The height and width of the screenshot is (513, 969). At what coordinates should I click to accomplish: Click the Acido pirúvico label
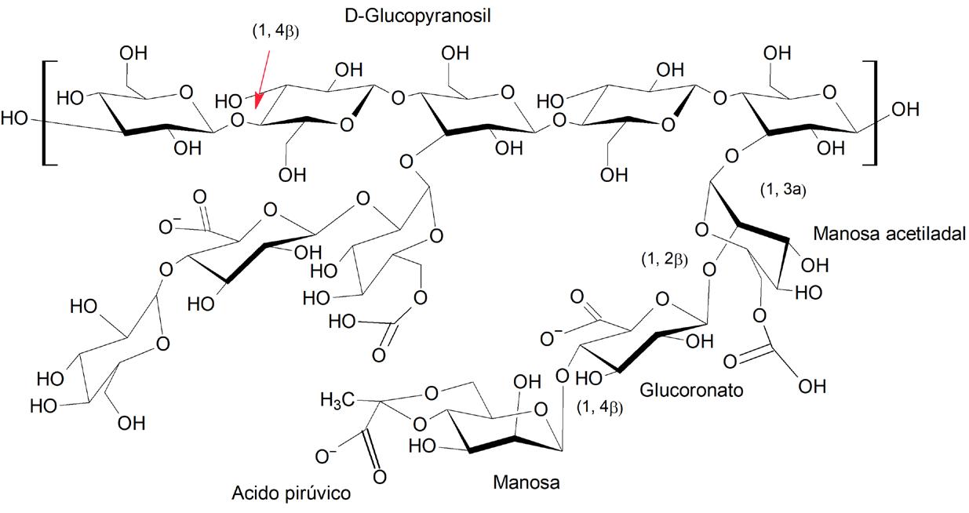point(290,493)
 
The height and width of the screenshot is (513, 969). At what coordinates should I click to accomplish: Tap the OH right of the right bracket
point(904,111)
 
